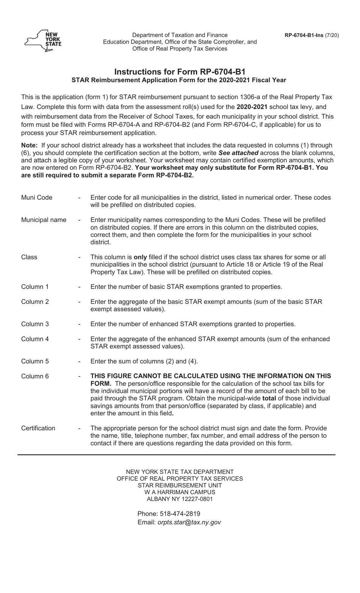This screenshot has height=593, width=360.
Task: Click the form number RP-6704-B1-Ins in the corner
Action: tap(304, 35)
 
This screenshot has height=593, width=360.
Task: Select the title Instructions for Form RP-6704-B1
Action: tap(180, 72)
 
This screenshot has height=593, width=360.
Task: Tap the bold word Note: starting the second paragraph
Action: tap(29, 145)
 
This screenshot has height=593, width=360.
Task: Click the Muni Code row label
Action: tap(37, 198)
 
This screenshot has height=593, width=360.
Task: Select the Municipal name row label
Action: tap(44, 220)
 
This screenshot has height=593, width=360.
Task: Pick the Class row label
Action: tap(29, 257)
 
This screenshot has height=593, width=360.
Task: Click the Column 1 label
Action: tap(35, 287)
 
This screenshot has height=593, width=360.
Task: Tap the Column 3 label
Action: tap(35, 324)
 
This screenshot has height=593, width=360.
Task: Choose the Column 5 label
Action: tap(35, 361)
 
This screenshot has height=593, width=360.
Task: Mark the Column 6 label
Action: tap(35, 376)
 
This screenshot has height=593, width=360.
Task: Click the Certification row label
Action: tap(38, 428)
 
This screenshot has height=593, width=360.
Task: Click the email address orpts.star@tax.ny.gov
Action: tap(189, 522)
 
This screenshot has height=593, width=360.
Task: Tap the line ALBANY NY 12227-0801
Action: tap(180, 499)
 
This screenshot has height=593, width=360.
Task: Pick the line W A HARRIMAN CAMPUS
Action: tap(180, 492)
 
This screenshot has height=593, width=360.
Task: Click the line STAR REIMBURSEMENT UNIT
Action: tap(180, 485)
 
